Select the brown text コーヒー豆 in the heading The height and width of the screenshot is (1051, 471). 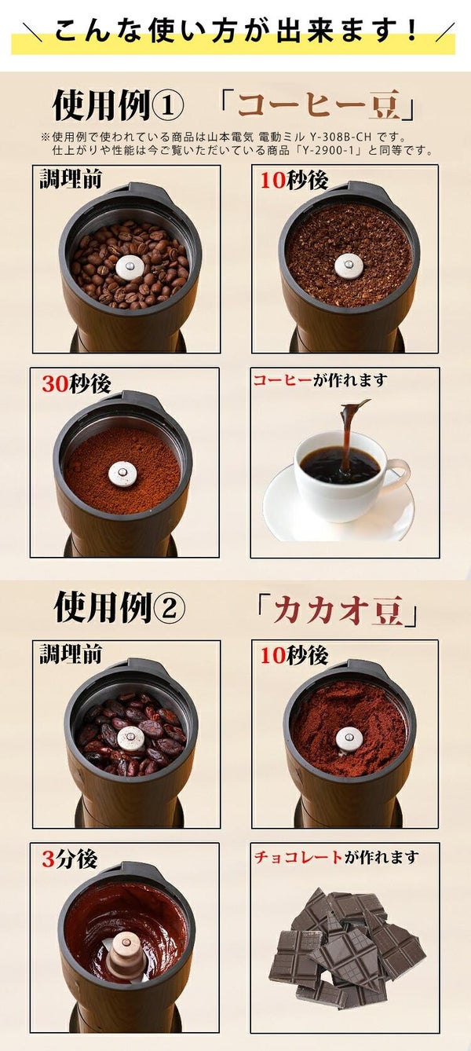tap(319, 105)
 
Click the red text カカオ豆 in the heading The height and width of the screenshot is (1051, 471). tap(338, 611)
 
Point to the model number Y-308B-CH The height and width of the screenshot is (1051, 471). tap(341, 137)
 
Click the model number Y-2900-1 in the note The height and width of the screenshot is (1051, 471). tap(327, 151)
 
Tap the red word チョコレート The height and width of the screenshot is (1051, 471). tap(298, 857)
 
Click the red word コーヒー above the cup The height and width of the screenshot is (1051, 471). tap(283, 380)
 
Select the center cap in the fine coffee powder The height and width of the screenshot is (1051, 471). tap(122, 474)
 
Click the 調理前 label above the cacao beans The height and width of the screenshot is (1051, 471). tap(71, 654)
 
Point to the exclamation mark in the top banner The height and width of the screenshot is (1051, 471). tap(413, 30)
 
